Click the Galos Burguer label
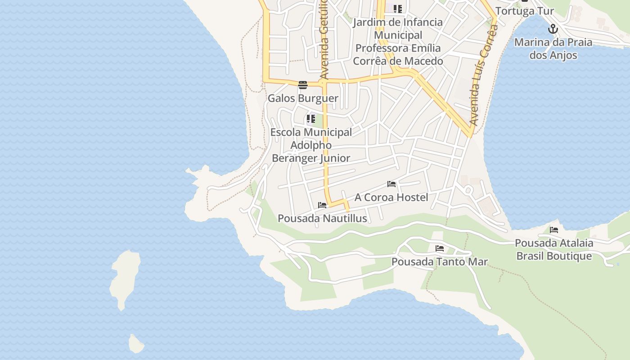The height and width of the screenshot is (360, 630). pyautogui.click(x=303, y=98)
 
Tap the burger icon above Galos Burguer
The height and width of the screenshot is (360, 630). pyautogui.click(x=302, y=85)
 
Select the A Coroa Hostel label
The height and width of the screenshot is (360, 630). pyautogui.click(x=391, y=197)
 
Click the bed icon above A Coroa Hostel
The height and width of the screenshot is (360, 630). pyautogui.click(x=391, y=184)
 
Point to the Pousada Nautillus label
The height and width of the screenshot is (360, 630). pyautogui.click(x=322, y=218)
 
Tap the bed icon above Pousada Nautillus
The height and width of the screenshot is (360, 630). pyautogui.click(x=322, y=205)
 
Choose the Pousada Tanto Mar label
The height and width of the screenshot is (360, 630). pyautogui.click(x=439, y=261)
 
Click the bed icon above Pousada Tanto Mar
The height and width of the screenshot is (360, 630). pyautogui.click(x=440, y=248)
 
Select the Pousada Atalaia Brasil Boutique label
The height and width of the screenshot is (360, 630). pyautogui.click(x=554, y=249)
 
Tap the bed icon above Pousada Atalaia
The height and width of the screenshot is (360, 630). pyautogui.click(x=554, y=230)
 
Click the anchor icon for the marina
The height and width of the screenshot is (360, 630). pyautogui.click(x=553, y=29)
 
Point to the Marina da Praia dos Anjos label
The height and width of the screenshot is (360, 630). pyautogui.click(x=553, y=49)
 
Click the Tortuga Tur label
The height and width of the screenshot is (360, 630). pyautogui.click(x=524, y=11)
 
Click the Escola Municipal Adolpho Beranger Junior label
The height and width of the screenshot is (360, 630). pyautogui.click(x=311, y=145)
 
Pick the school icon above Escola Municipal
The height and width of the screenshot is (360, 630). pyautogui.click(x=310, y=119)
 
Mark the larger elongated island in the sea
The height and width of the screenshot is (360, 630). pyautogui.click(x=125, y=279)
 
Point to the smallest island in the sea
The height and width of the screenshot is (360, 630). pyautogui.click(x=136, y=344)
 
